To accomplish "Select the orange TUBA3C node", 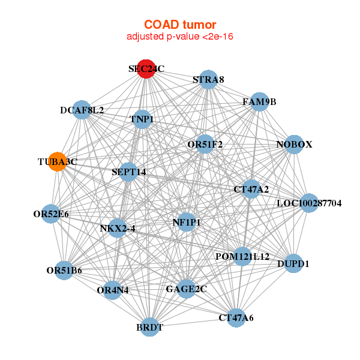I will tap(57, 162).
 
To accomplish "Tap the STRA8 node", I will tap(208, 80).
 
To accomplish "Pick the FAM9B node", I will tap(259, 102).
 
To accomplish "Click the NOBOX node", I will tap(293, 145).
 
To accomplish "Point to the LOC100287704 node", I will tap(309, 203).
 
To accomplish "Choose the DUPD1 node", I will tap(293, 263).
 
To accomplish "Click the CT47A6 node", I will tap(236, 317).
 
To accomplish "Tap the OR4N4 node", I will tap(113, 290).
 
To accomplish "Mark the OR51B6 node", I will tap(65, 271).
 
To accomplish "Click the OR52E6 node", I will tap(51, 214).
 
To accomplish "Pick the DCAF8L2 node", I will tap(82, 110).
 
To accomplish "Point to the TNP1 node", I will tap(142, 119).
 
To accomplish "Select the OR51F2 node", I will tap(205, 144).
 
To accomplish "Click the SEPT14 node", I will tap(128, 172).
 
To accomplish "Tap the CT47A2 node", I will tap(251, 190).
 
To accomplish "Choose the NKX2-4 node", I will tap(117, 228).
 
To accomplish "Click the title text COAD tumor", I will tap(179, 25).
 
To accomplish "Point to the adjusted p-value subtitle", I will tap(179, 37).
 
